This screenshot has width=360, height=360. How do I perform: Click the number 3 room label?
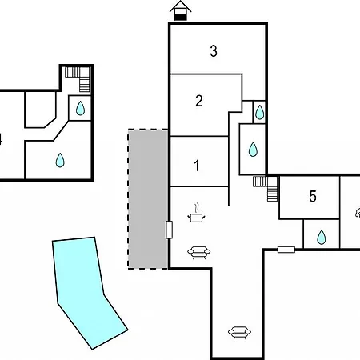(x=214, y=51)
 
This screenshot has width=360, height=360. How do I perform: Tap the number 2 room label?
(x=199, y=101)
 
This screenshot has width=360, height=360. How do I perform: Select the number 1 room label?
(x=197, y=166)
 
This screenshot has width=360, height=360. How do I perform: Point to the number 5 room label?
(x=313, y=196)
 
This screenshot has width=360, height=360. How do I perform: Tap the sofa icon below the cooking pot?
(x=199, y=252)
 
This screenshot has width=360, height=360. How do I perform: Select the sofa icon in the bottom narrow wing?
(x=239, y=332)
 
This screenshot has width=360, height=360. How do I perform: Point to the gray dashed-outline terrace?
(x=148, y=199)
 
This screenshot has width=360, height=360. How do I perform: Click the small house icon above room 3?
(x=181, y=10)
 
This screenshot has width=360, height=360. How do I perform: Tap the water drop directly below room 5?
(x=322, y=237)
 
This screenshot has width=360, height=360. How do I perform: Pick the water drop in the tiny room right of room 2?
(x=259, y=112)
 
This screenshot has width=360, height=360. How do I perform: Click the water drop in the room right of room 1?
(x=253, y=150)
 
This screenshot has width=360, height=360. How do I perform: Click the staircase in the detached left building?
(x=80, y=78)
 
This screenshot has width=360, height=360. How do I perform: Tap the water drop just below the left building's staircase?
(x=80, y=108)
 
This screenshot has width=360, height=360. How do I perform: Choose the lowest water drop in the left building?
(x=60, y=160)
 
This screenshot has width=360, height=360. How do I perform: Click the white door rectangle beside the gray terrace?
(x=169, y=230)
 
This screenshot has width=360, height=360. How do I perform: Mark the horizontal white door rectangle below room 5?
(x=286, y=250)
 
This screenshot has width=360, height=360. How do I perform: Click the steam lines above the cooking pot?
(x=197, y=207)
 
